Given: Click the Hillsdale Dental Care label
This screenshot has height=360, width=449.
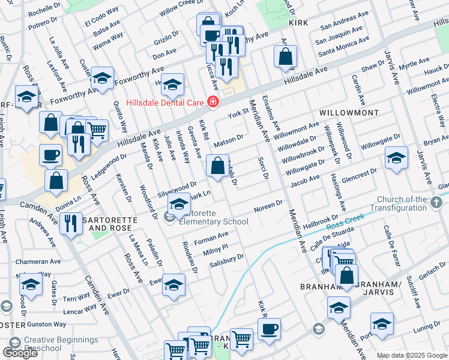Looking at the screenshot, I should [x=162, y=103].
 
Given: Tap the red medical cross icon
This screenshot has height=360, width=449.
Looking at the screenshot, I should [x=212, y=103].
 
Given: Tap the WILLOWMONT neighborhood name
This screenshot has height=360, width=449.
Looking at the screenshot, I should [x=349, y=112].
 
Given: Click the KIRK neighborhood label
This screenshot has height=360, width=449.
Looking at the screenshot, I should [x=298, y=23].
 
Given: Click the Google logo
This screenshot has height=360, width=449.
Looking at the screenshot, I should [x=20, y=353].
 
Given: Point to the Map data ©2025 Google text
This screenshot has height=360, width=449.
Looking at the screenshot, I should [x=411, y=355].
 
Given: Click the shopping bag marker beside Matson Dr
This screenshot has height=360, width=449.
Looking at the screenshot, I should [x=217, y=165].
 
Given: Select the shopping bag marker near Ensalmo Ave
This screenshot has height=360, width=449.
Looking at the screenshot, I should [x=286, y=57].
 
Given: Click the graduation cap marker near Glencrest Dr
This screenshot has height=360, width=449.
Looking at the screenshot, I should [x=396, y=157].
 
